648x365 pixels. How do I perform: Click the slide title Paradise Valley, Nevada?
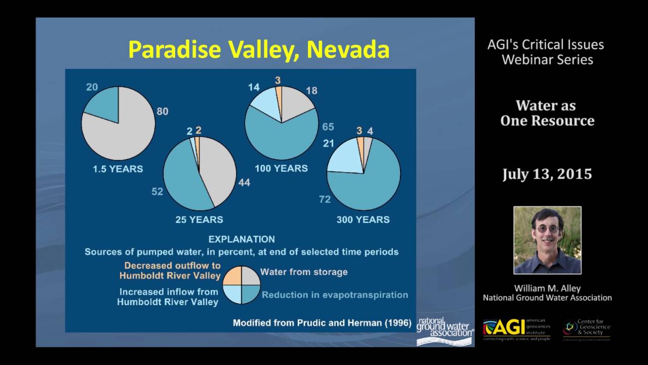point(259,50)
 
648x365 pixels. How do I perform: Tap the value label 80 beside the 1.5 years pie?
point(162,112)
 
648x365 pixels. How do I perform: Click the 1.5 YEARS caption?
point(117,169)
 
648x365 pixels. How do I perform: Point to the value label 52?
point(157,192)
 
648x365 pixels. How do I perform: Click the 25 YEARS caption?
point(199,220)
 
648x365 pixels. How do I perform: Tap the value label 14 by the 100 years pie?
point(253,87)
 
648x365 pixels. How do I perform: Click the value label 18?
point(311,91)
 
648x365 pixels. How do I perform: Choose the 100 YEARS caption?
point(281,169)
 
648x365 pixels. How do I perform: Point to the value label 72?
point(325,199)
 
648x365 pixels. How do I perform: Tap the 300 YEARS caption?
point(363,220)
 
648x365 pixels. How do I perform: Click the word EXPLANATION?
point(241,239)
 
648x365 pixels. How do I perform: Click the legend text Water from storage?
point(304,272)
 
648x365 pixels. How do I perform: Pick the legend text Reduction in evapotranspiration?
point(335,295)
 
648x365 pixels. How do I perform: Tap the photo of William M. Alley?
point(547,240)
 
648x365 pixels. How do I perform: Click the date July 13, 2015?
point(547,174)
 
